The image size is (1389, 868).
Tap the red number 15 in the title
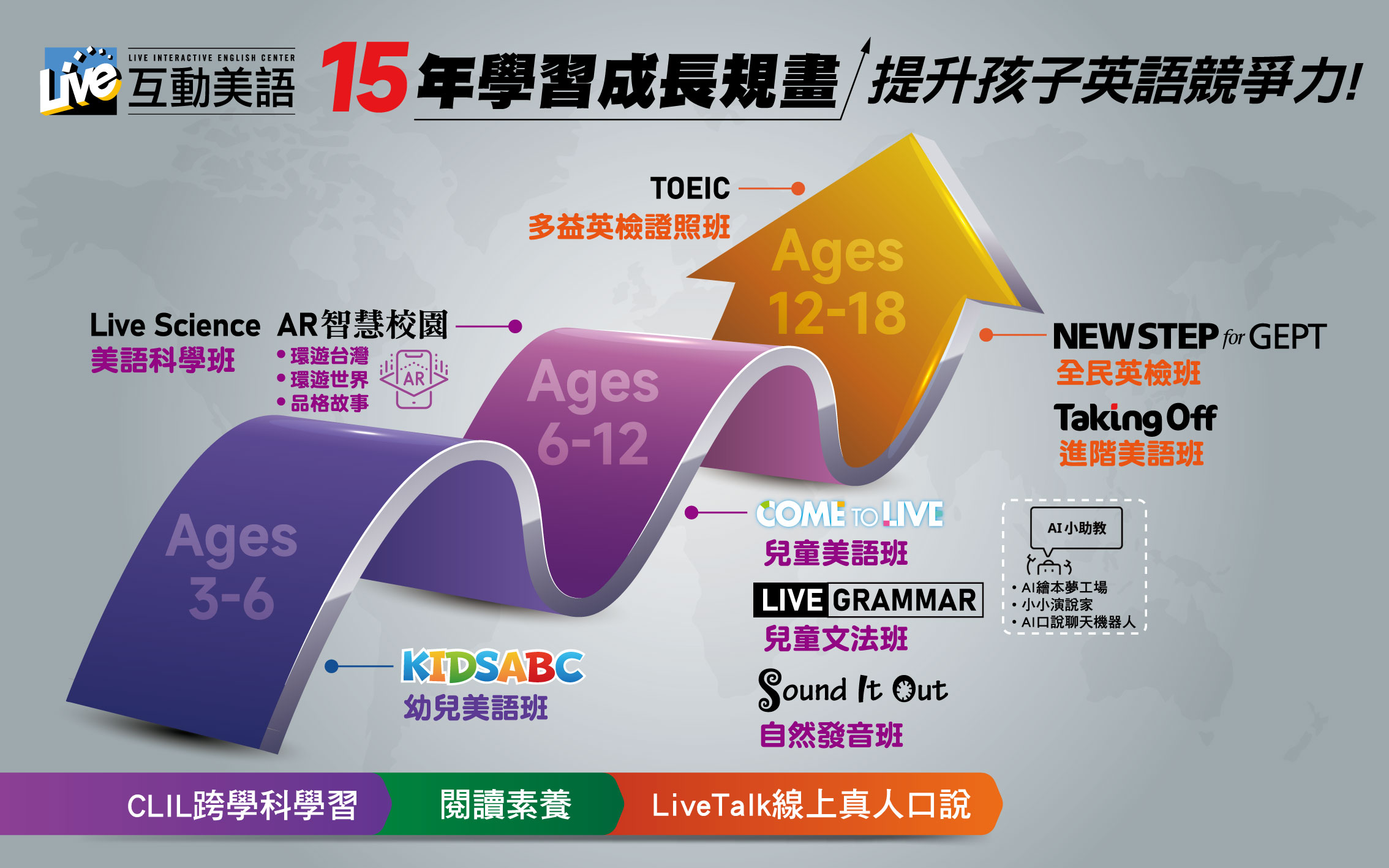pos(366,77)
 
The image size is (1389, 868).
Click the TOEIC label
pos(690,188)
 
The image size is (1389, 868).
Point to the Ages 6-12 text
pos(593,412)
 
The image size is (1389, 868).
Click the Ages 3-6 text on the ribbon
pos(231,565)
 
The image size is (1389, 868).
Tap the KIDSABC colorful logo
pos(493,666)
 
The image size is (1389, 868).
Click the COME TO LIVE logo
pos(849,514)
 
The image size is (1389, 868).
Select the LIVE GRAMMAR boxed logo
pos(868,600)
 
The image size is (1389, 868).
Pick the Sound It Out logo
pos(853,690)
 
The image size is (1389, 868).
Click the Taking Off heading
pos(1135,418)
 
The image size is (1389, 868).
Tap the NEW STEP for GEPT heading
pos(1189,336)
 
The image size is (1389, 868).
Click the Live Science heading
pos(175,325)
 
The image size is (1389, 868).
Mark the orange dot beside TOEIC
pos(797,189)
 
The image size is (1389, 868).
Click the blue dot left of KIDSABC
pos(331,666)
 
